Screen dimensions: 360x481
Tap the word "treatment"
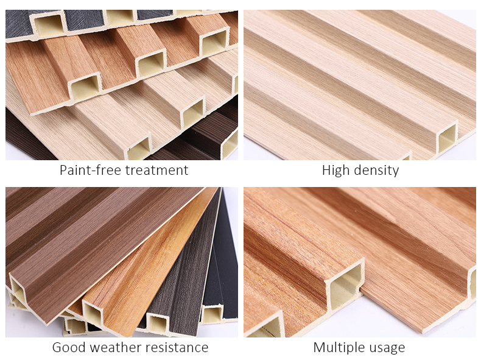(x=157, y=170)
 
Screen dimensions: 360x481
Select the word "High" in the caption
(x=334, y=170)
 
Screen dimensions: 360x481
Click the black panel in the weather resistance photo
(x=226, y=256)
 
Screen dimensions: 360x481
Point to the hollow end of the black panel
(x=212, y=314)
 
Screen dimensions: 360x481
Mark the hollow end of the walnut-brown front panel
(x=18, y=297)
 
